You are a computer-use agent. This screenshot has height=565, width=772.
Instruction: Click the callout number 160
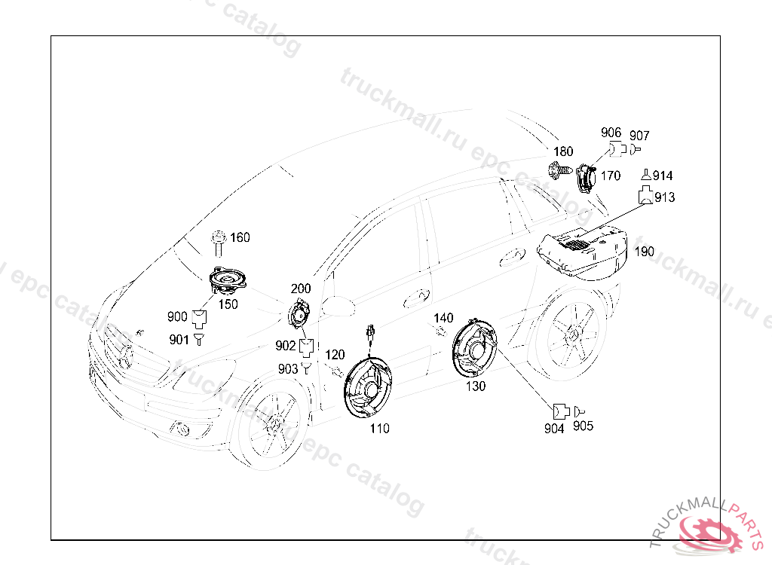point(240,237)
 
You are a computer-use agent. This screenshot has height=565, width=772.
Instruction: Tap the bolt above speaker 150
point(219,243)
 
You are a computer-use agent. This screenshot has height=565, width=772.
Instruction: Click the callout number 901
point(179,340)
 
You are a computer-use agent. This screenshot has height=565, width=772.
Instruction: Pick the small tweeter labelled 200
point(302,313)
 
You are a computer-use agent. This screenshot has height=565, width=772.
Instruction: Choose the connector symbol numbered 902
point(306,347)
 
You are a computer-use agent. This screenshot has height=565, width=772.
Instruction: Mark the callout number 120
point(335,354)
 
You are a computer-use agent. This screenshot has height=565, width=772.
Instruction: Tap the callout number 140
point(443,318)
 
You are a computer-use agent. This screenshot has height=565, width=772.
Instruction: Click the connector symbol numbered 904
point(559,411)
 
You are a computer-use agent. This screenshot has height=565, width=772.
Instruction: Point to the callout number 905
point(583,426)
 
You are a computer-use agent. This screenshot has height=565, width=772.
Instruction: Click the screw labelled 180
point(559,171)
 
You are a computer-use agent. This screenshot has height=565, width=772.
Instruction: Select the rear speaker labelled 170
point(586,179)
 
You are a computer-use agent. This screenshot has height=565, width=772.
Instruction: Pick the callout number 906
point(611,133)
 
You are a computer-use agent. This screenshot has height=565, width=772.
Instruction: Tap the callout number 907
point(639,136)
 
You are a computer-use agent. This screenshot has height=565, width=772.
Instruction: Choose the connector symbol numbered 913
point(645,197)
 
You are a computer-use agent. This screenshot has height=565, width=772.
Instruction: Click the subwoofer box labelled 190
point(584,251)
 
